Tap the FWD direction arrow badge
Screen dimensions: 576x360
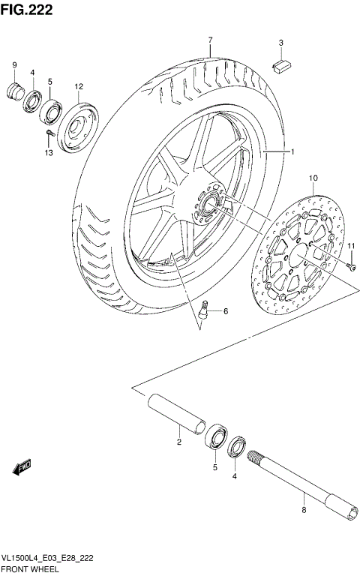click(x=22, y=467)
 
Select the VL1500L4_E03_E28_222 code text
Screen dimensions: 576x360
click(x=49, y=558)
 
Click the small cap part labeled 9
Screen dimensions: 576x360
click(x=15, y=92)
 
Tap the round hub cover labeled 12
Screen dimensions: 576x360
click(x=78, y=126)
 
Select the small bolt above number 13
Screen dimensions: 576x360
click(x=49, y=134)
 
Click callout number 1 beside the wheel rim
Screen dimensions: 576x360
click(x=292, y=152)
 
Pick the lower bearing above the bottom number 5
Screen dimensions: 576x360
click(x=215, y=437)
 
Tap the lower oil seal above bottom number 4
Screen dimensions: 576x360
click(x=237, y=446)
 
